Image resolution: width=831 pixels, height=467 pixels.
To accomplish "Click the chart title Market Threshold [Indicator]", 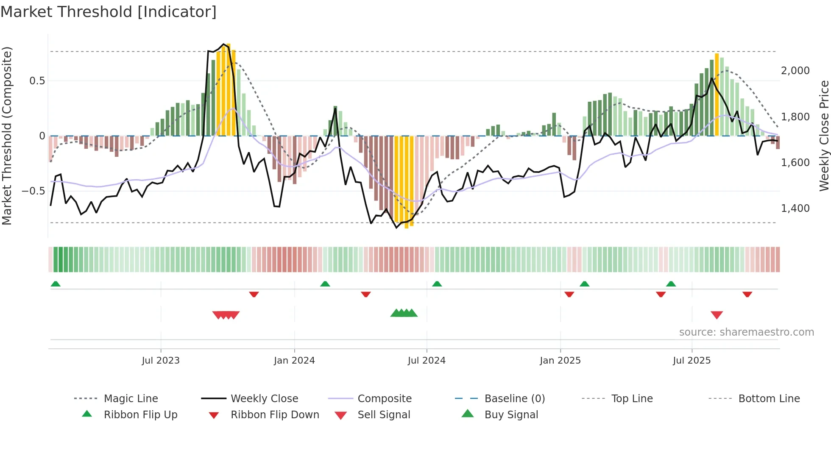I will (x=109, y=12).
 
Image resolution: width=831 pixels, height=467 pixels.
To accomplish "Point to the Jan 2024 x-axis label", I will (x=294, y=361).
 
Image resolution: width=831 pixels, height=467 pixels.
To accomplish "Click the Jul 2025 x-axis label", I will (x=692, y=361).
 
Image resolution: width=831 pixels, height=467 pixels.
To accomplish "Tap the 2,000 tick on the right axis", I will (x=795, y=71).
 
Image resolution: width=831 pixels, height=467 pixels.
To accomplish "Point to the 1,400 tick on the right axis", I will (x=795, y=208).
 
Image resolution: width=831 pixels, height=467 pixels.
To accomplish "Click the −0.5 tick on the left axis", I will (x=33, y=191).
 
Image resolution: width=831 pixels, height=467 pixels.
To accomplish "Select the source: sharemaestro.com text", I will (x=746, y=332).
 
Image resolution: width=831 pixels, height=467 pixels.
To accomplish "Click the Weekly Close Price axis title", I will (x=824, y=136).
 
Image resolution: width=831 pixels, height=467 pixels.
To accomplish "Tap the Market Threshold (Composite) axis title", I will (x=7, y=136).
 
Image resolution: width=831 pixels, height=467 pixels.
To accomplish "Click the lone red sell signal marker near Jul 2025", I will (x=717, y=315).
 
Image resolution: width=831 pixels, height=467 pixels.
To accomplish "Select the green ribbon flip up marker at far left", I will (x=56, y=284).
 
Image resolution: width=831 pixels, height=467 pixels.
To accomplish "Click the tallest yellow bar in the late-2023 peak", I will (x=229, y=89).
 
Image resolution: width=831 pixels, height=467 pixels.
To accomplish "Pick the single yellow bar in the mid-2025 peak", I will (x=717, y=94).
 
